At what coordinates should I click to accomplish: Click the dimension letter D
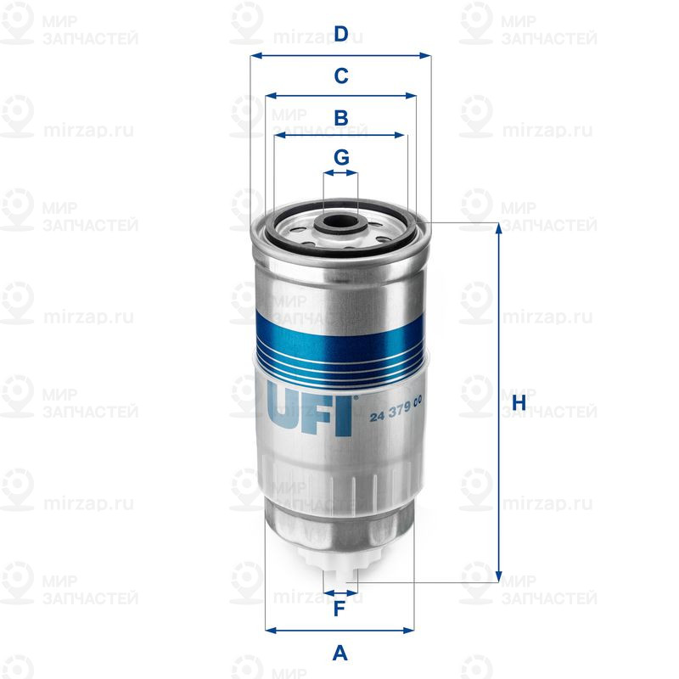[x=340, y=35]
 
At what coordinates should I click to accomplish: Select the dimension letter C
[x=340, y=76]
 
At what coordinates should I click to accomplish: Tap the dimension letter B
[x=340, y=118]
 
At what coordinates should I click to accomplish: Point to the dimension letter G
[x=340, y=157]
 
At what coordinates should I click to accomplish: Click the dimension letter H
[x=519, y=402]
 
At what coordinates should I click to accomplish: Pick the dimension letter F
[x=339, y=609]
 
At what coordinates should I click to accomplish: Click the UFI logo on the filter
[x=310, y=410]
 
